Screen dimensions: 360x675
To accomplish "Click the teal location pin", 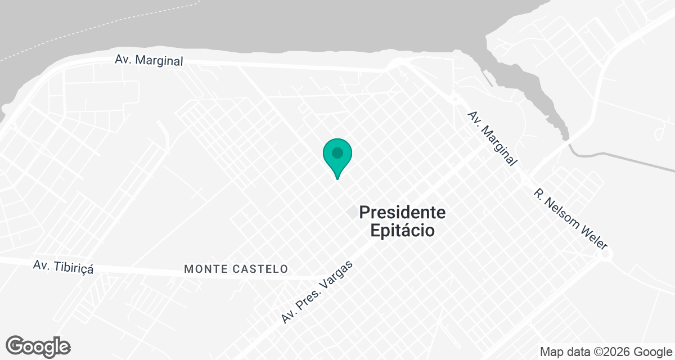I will point(337,155).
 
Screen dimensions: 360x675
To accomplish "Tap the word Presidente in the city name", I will point(402,213).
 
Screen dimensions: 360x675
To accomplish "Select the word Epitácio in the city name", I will point(402,230).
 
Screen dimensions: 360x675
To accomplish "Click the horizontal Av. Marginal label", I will point(149,60).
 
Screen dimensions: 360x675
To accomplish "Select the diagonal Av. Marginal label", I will point(492,138).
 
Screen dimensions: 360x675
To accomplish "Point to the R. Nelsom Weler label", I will point(570,218).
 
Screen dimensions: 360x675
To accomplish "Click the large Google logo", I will point(38,346).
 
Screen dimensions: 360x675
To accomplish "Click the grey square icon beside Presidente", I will point(352,213).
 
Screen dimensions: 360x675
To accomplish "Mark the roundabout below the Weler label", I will point(606,254).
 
